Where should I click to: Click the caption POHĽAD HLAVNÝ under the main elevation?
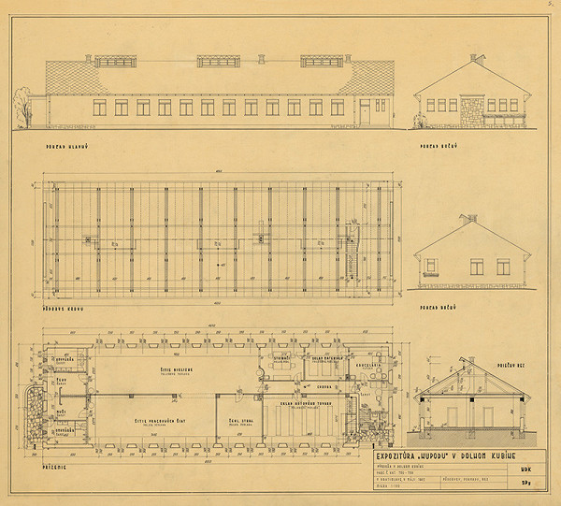pos(61,148)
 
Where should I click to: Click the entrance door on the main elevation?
pos(364,111)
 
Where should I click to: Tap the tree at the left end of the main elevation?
pos(20,106)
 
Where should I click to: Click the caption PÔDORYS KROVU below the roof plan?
pos(60,307)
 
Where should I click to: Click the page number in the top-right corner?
pos(553,5)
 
